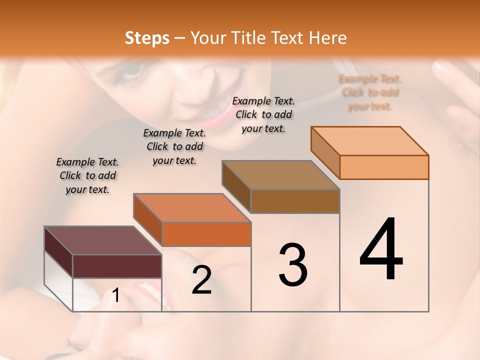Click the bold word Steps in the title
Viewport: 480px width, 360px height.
[147, 38]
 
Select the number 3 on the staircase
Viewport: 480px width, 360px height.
[293, 265]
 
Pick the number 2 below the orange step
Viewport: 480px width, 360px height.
[202, 280]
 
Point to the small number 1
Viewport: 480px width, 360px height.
[116, 296]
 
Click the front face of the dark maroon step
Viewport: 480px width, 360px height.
[117, 266]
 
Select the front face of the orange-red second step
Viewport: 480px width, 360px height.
[206, 234]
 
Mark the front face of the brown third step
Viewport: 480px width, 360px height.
[295, 201]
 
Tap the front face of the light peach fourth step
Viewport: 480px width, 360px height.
[384, 167]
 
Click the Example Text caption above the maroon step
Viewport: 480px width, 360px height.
[87, 175]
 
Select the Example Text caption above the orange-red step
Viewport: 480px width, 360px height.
[174, 146]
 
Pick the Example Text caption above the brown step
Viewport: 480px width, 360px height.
[263, 114]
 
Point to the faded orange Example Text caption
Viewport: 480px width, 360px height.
[370, 92]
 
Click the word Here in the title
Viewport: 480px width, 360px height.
[328, 38]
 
